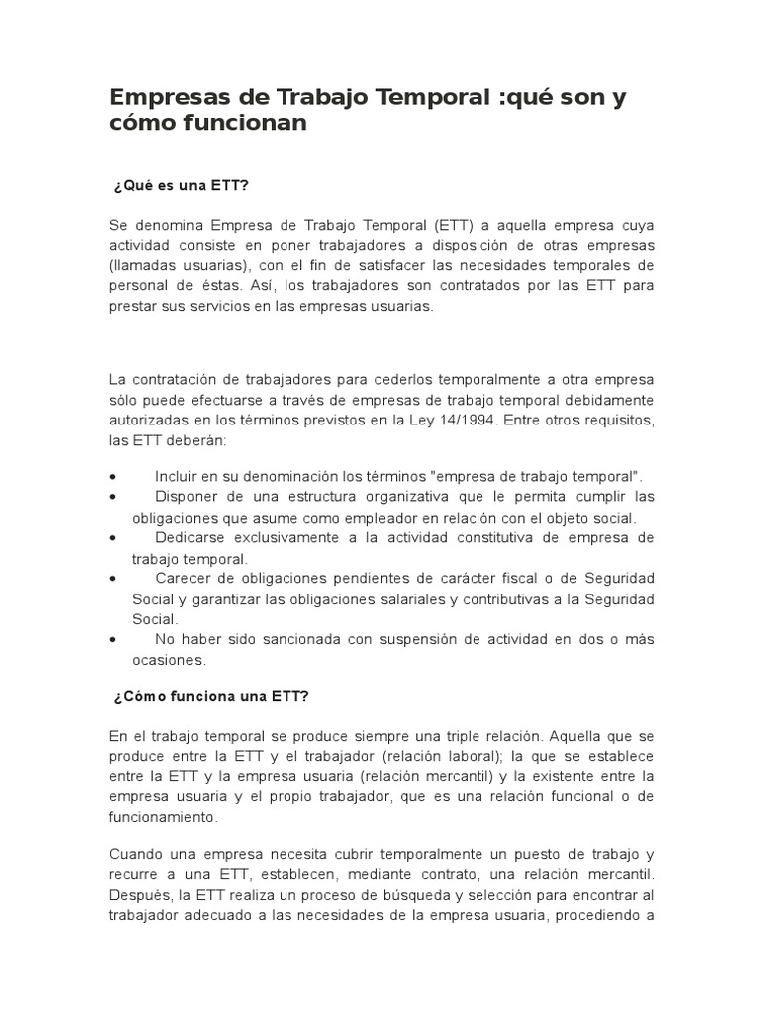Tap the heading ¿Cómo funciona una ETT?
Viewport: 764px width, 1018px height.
(x=212, y=696)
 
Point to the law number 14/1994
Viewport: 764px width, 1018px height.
(x=473, y=421)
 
